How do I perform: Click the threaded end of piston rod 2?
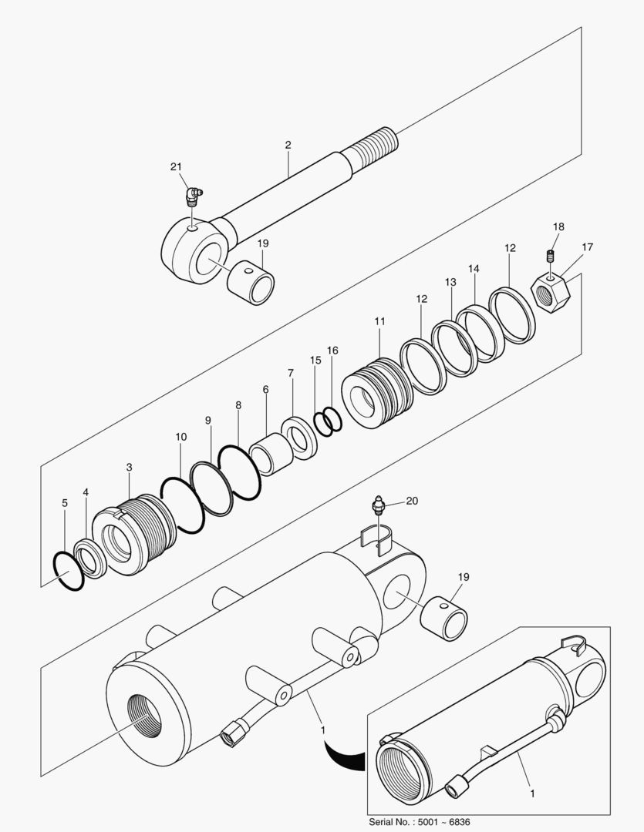(x=376, y=147)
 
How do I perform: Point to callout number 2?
(x=288, y=145)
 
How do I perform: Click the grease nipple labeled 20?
(x=378, y=505)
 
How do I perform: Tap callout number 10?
(x=180, y=437)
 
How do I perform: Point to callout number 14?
(x=474, y=269)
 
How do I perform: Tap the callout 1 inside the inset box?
(x=531, y=791)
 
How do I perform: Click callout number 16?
(x=332, y=350)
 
